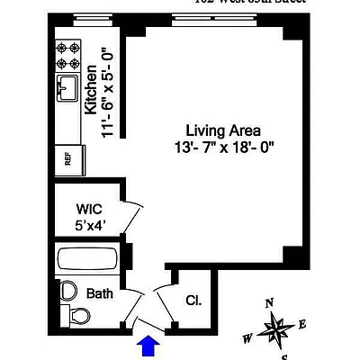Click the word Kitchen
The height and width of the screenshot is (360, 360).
point(91,89)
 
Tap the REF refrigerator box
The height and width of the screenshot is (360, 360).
point(67,157)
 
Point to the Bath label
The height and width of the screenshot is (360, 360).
point(99,293)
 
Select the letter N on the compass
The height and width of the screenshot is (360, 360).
point(268,303)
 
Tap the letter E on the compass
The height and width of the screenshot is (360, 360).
point(302,324)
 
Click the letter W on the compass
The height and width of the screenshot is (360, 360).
point(247,339)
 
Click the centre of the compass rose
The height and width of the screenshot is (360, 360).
point(274,330)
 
